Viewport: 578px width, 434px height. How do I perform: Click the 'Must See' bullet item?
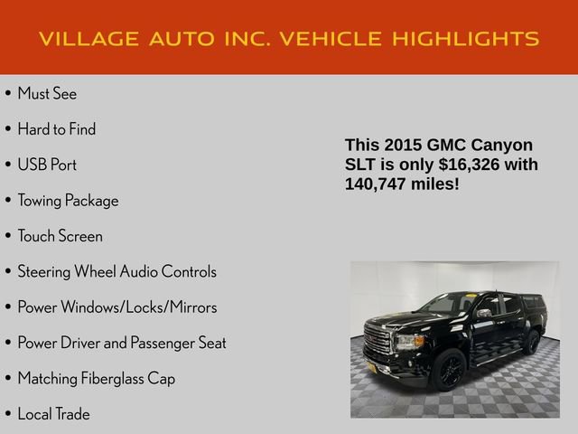(x=47, y=94)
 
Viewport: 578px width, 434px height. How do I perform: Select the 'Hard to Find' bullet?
(x=56, y=129)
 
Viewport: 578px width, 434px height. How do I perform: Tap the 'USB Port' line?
(x=47, y=165)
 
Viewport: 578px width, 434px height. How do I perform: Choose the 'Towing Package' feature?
(x=68, y=201)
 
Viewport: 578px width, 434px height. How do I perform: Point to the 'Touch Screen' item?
(x=60, y=236)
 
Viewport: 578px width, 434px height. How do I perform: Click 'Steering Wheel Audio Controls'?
(x=117, y=271)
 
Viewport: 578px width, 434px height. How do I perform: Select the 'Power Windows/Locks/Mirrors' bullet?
(x=117, y=307)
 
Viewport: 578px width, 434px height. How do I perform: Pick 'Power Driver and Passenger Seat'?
(x=122, y=343)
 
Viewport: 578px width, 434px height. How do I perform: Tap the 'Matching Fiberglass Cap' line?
(x=96, y=379)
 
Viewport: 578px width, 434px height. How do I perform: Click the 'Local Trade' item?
(x=53, y=414)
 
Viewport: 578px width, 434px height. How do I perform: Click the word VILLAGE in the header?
(x=89, y=39)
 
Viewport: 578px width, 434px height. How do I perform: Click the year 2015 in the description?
(x=403, y=146)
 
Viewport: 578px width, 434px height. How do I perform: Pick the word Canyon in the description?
(x=502, y=146)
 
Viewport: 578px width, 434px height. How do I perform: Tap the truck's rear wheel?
(x=531, y=342)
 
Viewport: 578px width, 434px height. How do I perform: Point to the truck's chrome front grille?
(x=378, y=341)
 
